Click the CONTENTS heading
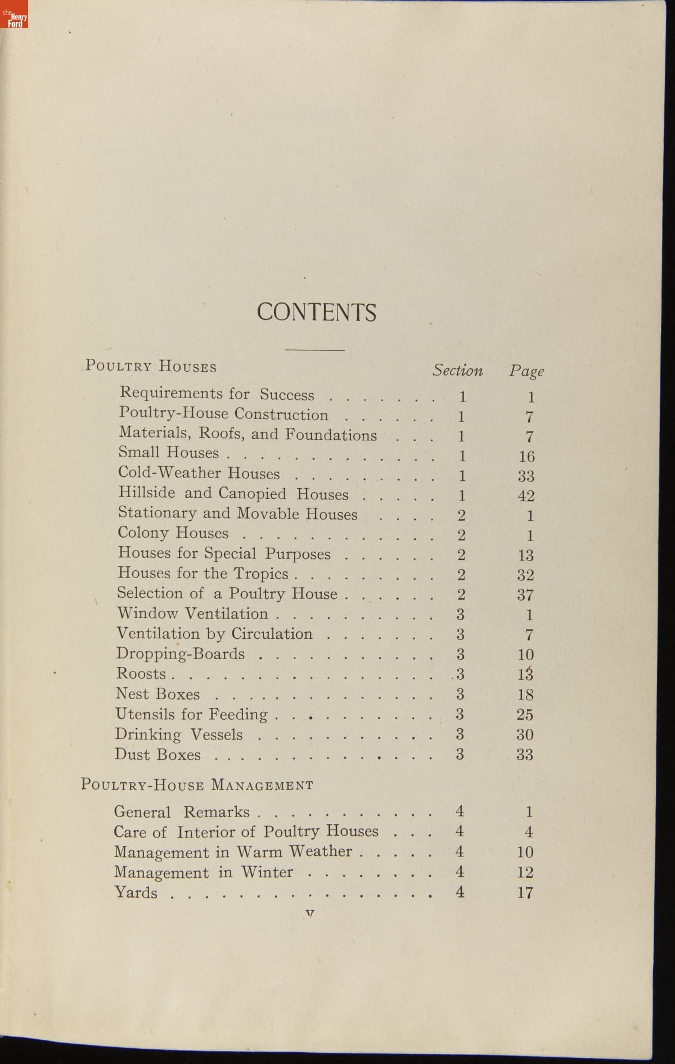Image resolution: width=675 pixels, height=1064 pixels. point(316,312)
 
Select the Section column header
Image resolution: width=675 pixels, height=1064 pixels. point(457,370)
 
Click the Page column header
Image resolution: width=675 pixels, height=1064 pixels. point(526,371)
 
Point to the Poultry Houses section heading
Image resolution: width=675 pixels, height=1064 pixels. point(151,366)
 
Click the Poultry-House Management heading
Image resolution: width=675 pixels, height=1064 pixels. point(197,785)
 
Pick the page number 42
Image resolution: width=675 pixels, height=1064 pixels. point(526,496)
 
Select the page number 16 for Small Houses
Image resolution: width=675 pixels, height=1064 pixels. point(526,456)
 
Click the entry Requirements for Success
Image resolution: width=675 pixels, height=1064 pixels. point(217,393)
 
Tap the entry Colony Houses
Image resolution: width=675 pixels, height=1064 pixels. point(173,533)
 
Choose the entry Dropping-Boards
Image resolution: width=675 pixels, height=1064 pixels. point(181,653)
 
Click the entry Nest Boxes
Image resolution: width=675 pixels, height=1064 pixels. point(157,694)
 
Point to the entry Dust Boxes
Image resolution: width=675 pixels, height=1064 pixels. point(157,754)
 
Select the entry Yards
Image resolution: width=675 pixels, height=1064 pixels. point(136,892)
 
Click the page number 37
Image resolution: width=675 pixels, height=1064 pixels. point(525,595)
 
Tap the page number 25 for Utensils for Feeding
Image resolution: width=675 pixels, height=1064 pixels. point(525,715)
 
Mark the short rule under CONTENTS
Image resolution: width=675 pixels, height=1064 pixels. point(314,350)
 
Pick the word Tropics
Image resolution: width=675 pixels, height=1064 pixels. point(261,574)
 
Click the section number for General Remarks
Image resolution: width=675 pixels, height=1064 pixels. point(460,811)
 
